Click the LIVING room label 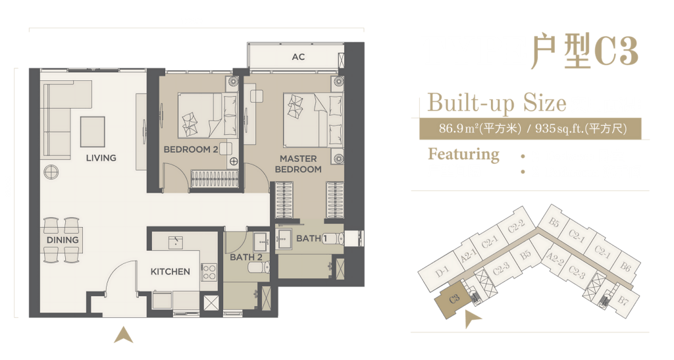tap(101, 158)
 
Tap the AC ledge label tap(298, 57)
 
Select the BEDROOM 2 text tap(191, 149)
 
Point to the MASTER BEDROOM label tap(298, 164)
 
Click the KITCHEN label tap(170, 272)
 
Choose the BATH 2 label tap(246, 257)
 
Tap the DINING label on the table tap(63, 240)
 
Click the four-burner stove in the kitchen tap(209, 272)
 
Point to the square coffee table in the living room tap(92, 132)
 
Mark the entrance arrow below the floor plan tap(123, 334)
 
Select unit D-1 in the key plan tap(441, 272)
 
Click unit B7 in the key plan tap(623, 300)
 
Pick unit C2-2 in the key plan tap(516, 226)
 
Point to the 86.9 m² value tap(459, 128)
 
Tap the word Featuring tap(463, 154)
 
